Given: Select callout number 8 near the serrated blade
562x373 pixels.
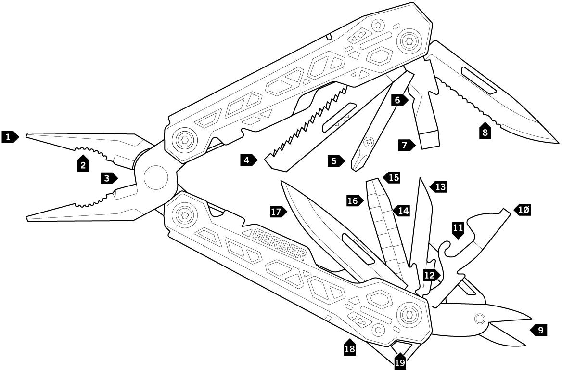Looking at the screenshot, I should click(x=485, y=132).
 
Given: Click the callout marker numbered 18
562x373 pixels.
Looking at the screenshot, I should click(x=350, y=348).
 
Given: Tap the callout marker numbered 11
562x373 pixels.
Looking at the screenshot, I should click(x=458, y=230).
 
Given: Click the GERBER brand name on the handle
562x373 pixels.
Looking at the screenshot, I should click(x=279, y=244).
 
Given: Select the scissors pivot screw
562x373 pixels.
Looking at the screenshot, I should click(x=479, y=319).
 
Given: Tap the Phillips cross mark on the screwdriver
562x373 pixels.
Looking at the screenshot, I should click(x=370, y=142).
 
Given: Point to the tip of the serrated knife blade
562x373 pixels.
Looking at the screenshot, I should click(x=557, y=142).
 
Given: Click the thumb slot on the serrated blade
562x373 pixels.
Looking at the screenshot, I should click(x=479, y=80).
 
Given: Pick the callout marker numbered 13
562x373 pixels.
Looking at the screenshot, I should click(x=439, y=186).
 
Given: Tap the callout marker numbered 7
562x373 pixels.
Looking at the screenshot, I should click(x=406, y=144).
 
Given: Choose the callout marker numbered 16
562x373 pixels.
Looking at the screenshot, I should click(x=354, y=200).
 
